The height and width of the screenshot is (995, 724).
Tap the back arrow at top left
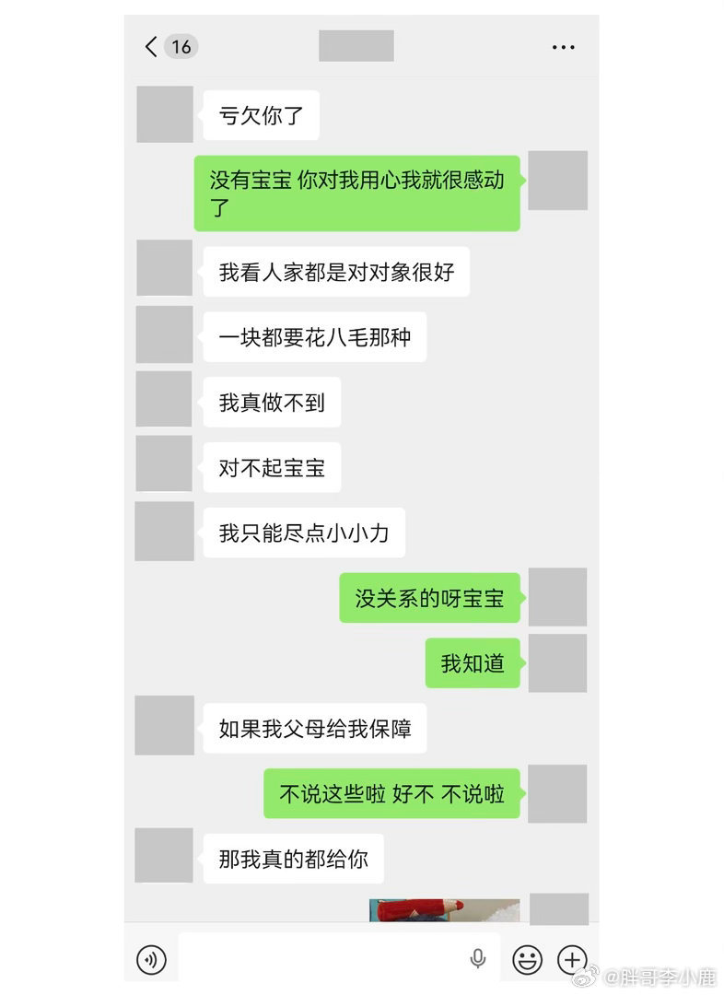click(x=151, y=46)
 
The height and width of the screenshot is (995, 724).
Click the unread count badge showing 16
click(x=181, y=46)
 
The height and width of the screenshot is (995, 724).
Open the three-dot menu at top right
click(x=563, y=47)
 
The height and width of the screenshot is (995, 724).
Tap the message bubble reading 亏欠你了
click(x=261, y=115)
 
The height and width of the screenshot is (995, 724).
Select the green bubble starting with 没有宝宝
click(x=356, y=193)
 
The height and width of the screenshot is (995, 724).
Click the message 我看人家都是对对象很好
click(x=336, y=272)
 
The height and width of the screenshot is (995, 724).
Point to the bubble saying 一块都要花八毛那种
click(x=314, y=336)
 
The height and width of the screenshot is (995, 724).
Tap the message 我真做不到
click(x=272, y=402)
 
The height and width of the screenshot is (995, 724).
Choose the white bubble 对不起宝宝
click(x=272, y=467)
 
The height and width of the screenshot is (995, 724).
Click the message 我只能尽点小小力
click(x=304, y=533)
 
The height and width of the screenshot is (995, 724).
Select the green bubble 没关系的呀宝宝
click(x=429, y=598)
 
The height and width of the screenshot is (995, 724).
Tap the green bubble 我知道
click(x=473, y=662)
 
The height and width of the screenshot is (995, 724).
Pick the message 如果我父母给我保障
click(x=314, y=729)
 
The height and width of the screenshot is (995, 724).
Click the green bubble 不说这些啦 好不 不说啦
click(x=391, y=793)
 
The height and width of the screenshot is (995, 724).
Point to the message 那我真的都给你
click(x=293, y=859)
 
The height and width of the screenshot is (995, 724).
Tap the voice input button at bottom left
click(x=151, y=960)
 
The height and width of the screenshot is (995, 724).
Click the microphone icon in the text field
click(x=478, y=959)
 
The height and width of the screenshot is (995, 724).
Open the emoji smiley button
click(x=528, y=960)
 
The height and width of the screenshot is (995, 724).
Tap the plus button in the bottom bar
click(x=572, y=960)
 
